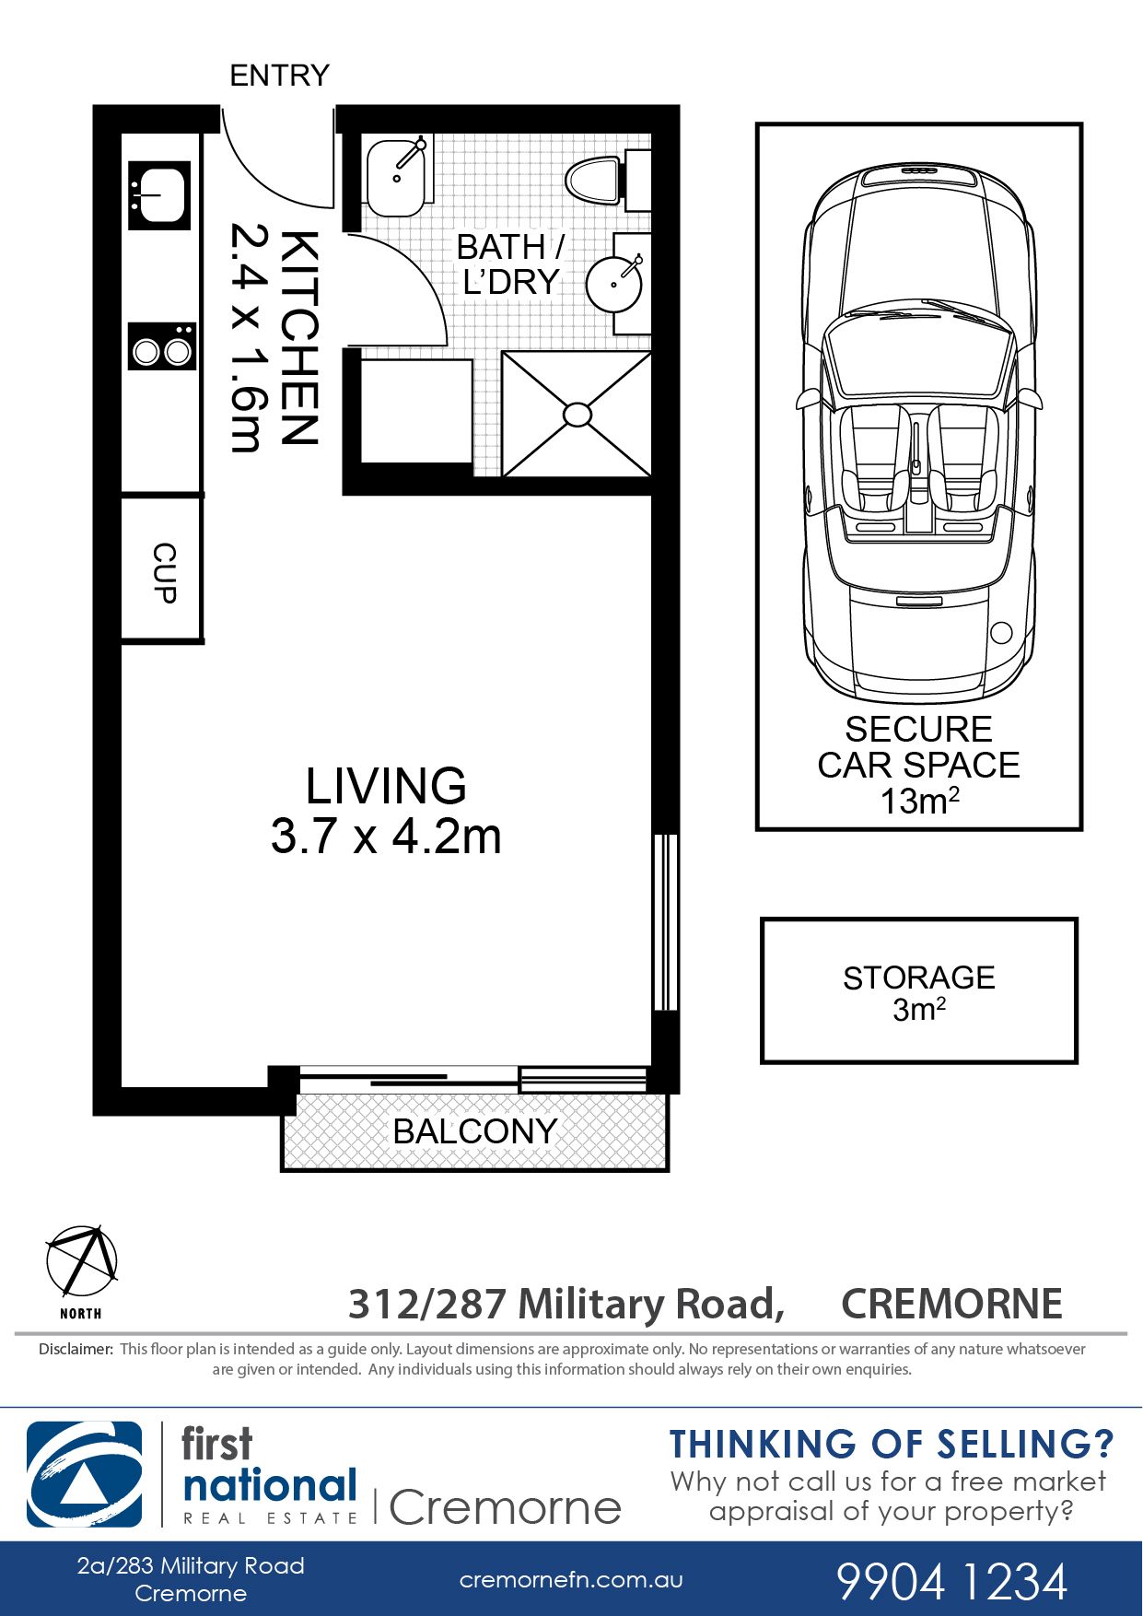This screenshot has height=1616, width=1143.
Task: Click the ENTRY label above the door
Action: pos(279,75)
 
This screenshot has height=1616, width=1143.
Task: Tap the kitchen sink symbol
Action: pos(159,195)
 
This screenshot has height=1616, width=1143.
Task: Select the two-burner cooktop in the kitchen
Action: pos(162,346)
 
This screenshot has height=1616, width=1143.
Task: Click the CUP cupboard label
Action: pos(164,573)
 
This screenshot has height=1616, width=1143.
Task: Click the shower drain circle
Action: pos(577,415)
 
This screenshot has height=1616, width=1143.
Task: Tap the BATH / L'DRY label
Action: pos(510,264)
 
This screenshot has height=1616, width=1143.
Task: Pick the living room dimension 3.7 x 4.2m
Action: pos(386,837)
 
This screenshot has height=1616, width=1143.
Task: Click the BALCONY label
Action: pos(474,1131)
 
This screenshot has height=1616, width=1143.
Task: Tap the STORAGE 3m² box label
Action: pos(919,992)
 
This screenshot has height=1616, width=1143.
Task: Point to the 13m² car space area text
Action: pos(919,801)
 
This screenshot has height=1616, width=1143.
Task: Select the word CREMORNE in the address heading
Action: pos(952,1304)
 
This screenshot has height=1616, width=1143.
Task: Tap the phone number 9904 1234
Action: pos(951,1581)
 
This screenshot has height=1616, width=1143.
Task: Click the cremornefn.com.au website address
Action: pos(571,1580)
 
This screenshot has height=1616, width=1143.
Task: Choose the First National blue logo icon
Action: pos(85,1475)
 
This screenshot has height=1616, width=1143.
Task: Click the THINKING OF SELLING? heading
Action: pos(892,1444)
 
